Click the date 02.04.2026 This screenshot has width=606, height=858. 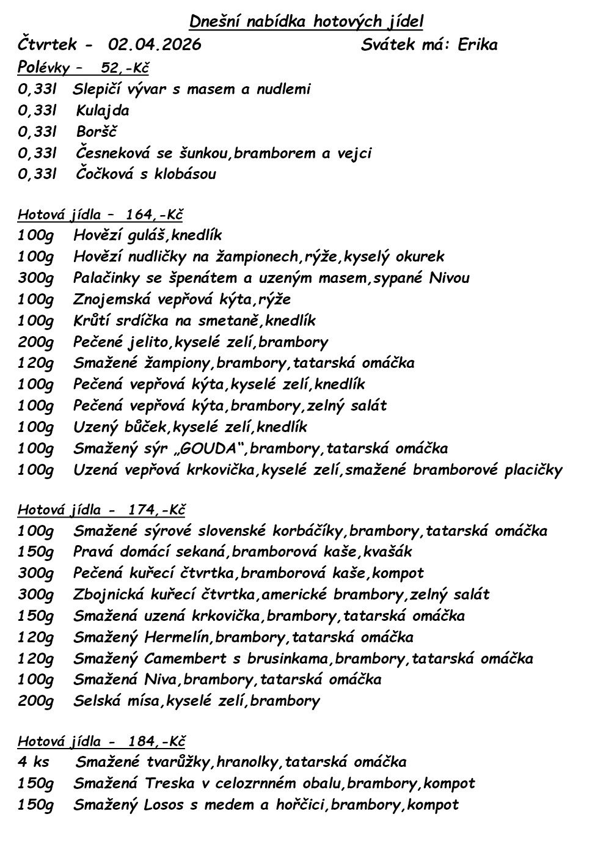click(x=155, y=45)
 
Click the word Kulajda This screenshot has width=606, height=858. click(x=103, y=111)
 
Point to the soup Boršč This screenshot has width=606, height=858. click(x=97, y=131)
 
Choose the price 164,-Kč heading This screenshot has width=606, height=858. click(x=155, y=215)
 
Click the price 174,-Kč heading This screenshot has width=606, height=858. click(x=156, y=510)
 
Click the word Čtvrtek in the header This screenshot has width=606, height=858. click(x=48, y=45)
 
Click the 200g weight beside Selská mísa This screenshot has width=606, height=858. click(x=35, y=701)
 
